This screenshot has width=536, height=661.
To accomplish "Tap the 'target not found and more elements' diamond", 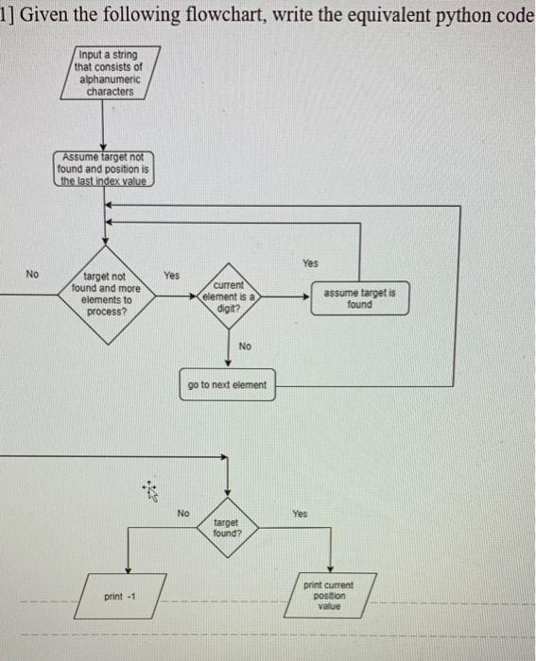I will pos(106,294).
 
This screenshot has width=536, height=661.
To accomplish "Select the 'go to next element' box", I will pos(227,385).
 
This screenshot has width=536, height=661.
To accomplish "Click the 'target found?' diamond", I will pos(227,526).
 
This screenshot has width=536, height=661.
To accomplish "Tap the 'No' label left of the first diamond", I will pos(33,274).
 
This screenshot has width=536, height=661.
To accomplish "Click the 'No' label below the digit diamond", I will pos(245,347).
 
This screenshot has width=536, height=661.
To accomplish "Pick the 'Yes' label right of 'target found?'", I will pos(300,514).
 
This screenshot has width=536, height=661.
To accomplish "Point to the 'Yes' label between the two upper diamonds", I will pos(171,276).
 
